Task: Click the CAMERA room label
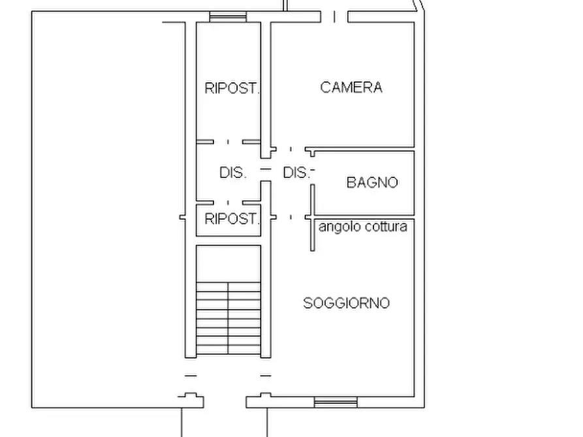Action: tap(351, 87)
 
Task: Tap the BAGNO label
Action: tap(372, 183)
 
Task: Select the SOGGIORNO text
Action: tap(346, 303)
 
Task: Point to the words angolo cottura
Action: tap(363, 227)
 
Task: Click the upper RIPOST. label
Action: tap(231, 88)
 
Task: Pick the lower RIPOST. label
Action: tap(231, 219)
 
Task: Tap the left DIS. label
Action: tap(233, 172)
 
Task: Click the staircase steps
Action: tap(228, 318)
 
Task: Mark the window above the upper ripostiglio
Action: tap(228, 17)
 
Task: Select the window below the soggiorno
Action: tap(336, 402)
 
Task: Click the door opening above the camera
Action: tap(334, 17)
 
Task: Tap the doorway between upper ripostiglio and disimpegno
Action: tap(228, 142)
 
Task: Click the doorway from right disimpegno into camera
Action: tap(291, 149)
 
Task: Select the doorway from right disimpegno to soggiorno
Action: tap(291, 217)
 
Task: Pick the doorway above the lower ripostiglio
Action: tap(228, 203)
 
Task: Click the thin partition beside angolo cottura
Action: tap(313, 218)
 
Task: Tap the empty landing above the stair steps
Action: tap(228, 264)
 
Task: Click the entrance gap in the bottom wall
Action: tap(225, 402)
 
